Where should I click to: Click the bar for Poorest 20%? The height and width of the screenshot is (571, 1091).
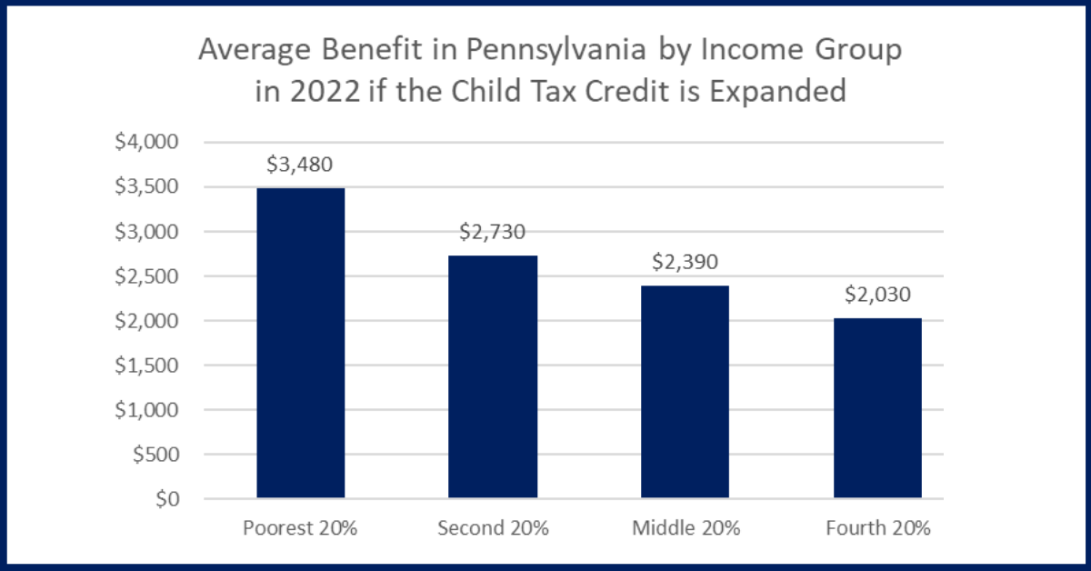[301, 344]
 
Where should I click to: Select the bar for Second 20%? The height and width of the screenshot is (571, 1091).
[493, 377]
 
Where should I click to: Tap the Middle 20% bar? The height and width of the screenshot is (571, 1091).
[685, 393]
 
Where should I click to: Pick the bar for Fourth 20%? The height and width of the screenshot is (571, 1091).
[877, 409]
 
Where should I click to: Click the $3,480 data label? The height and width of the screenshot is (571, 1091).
[300, 165]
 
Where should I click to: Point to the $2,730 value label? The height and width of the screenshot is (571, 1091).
[493, 233]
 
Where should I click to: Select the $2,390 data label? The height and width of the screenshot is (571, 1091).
[685, 263]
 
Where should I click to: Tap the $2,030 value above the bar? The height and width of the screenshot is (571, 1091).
[877, 296]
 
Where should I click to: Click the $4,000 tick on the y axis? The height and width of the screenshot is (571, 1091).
[153, 143]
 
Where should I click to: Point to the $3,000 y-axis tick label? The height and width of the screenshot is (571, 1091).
[153, 232]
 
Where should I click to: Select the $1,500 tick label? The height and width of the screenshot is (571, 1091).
[153, 366]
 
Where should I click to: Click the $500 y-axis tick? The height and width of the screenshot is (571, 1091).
[160, 455]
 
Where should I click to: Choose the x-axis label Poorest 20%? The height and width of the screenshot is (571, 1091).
[300, 529]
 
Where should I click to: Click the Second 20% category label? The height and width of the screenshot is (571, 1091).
[493, 529]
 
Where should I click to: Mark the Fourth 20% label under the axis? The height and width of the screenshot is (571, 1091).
[877, 529]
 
